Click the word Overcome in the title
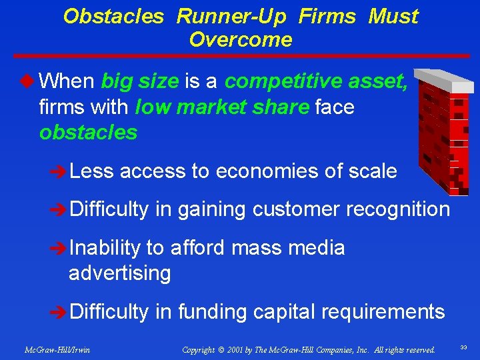coord(240,39)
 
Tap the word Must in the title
coord(393,16)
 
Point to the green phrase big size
coord(139,81)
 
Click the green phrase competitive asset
coord(316,81)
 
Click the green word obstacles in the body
coord(88,132)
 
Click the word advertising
coord(119,273)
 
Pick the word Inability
coord(105,248)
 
